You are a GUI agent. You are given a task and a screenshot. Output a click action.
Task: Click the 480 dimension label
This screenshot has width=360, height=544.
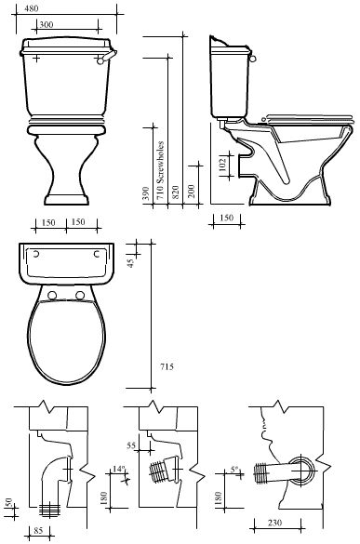(x=32, y=8)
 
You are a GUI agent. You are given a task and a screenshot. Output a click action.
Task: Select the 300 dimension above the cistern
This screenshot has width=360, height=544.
(x=46, y=24)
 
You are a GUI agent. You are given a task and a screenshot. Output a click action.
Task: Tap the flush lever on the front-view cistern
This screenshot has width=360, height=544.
(x=106, y=58)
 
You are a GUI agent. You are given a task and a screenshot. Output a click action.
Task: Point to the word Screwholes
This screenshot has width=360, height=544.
(x=160, y=163)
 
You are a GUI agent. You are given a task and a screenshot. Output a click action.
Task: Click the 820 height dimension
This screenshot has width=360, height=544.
(x=175, y=192)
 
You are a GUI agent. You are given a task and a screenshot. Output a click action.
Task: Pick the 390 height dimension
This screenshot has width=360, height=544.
(x=146, y=193)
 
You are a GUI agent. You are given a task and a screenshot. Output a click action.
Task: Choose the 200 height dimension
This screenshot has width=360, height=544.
(x=192, y=192)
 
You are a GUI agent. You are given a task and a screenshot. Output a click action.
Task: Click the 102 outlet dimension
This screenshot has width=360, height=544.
(x=223, y=165)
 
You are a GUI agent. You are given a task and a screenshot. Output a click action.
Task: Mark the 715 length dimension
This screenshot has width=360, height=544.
(x=167, y=366)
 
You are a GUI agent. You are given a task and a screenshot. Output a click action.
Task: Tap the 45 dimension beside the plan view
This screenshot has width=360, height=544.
(x=130, y=263)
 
